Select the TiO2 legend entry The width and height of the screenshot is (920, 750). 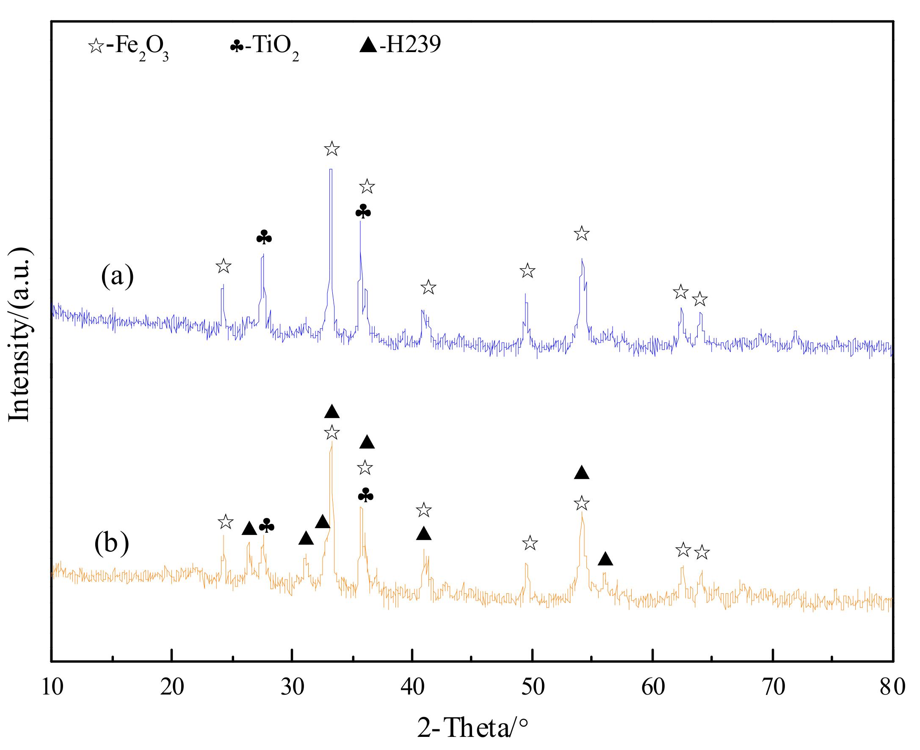pos(264,46)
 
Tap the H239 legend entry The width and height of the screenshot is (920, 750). pos(400,44)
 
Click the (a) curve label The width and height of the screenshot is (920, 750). pos(117,276)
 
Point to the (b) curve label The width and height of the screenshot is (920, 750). pos(111,542)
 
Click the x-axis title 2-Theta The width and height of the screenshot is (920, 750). pos(472,728)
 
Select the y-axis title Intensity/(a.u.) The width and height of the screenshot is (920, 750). pos(19,335)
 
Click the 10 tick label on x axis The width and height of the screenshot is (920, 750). pos(52,687)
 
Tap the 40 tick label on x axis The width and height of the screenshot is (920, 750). pos(412,687)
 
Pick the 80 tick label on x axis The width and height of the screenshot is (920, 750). pos(892,687)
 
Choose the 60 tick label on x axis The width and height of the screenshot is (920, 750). pos(653,687)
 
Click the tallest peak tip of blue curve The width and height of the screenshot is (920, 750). pos(331,170)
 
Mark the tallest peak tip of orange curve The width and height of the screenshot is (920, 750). pos(332,442)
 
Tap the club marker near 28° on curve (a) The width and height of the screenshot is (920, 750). pos(264,237)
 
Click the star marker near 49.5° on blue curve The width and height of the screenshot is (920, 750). pos(528,271)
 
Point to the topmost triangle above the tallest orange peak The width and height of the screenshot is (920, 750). pos(332,412)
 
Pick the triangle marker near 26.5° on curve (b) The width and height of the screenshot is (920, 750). pos(249,529)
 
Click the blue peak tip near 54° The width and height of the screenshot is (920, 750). pos(582,259)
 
